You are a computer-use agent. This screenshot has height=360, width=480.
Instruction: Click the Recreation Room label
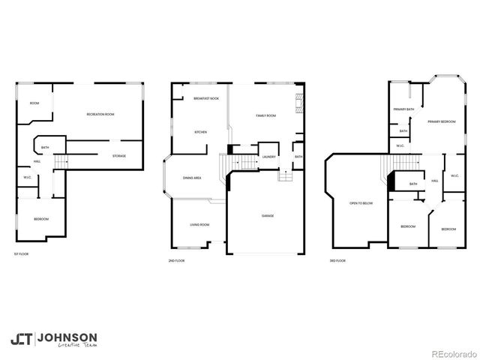pyautogui.click(x=100, y=114)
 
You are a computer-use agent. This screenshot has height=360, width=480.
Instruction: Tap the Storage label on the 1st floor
pyautogui.click(x=119, y=156)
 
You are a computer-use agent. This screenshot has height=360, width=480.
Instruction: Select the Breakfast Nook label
pyautogui.click(x=205, y=99)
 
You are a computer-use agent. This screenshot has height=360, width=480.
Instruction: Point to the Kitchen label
pyautogui.click(x=200, y=132)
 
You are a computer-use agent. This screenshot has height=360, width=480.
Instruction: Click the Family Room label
pyautogui.click(x=265, y=115)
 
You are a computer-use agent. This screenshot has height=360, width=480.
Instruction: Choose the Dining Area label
pyautogui.click(x=192, y=178)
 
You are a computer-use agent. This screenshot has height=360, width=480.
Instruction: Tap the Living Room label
pyautogui.click(x=199, y=225)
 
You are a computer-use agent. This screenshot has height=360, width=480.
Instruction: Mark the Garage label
pyautogui.click(x=268, y=216)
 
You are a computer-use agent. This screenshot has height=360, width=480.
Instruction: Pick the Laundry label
pyautogui.click(x=268, y=157)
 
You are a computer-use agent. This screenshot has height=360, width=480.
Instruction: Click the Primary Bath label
pyautogui.click(x=404, y=109)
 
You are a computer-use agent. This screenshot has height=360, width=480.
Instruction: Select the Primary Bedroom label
pyautogui.click(x=442, y=121)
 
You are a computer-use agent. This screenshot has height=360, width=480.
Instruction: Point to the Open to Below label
pyautogui.click(x=361, y=203)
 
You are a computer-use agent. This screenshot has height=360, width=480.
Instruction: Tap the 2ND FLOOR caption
pyautogui.click(x=176, y=260)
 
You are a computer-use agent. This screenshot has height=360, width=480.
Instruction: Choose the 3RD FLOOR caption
pyautogui.click(x=337, y=260)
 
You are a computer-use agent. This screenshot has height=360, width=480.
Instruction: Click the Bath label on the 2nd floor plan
pyautogui.click(x=298, y=157)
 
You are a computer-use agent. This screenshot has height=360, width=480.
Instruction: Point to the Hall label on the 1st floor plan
pyautogui.click(x=37, y=161)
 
